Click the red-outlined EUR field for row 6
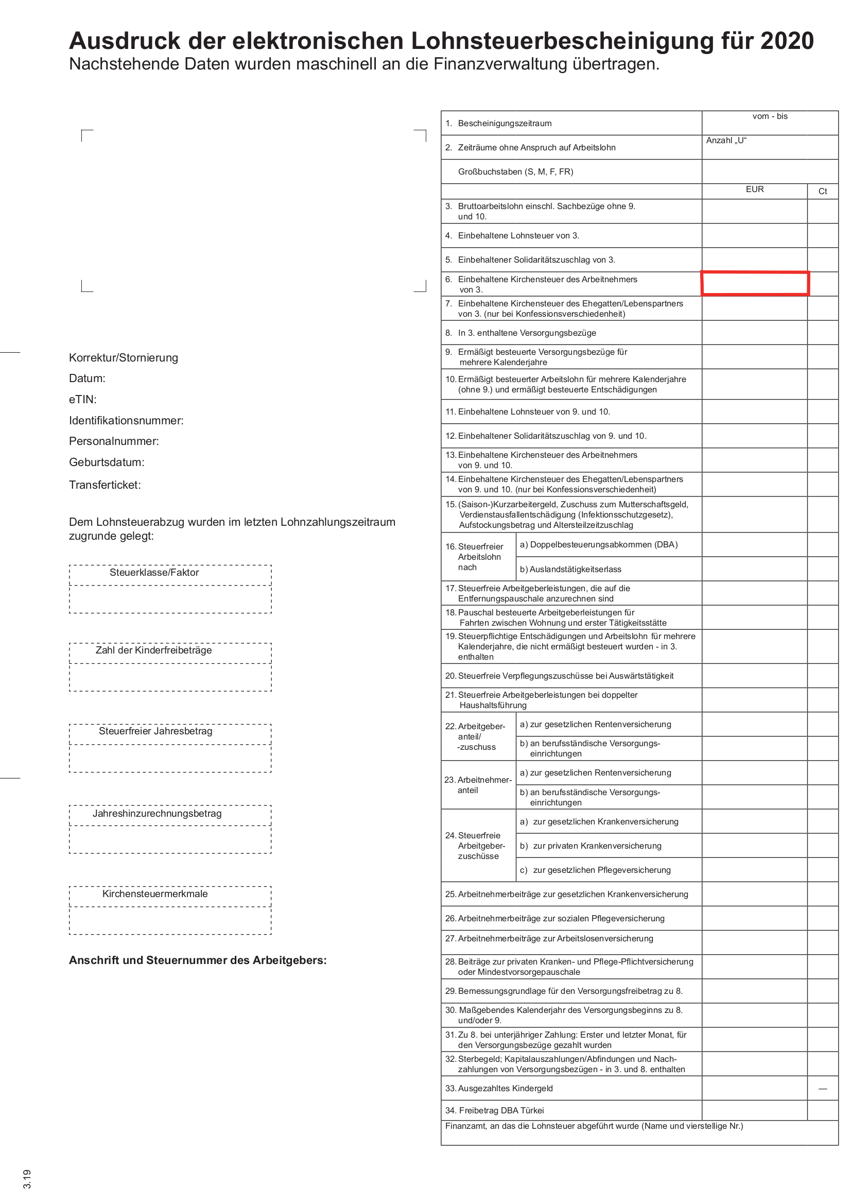point(755,284)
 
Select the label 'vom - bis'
point(770,116)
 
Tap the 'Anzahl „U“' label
point(726,141)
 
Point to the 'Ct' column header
point(822,192)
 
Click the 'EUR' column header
point(755,190)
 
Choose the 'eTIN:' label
point(83,400)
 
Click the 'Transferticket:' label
point(105,485)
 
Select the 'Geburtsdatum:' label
point(107,462)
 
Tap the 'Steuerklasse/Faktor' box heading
point(154,573)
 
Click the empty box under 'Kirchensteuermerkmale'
point(170,921)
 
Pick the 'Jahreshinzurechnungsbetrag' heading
point(157,814)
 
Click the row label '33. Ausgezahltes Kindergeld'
point(499,1089)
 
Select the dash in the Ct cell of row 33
point(822,1089)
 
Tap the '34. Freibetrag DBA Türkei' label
point(494,1111)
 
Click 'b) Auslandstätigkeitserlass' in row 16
point(570,570)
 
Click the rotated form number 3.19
point(27,1179)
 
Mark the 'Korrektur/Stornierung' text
point(124,358)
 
